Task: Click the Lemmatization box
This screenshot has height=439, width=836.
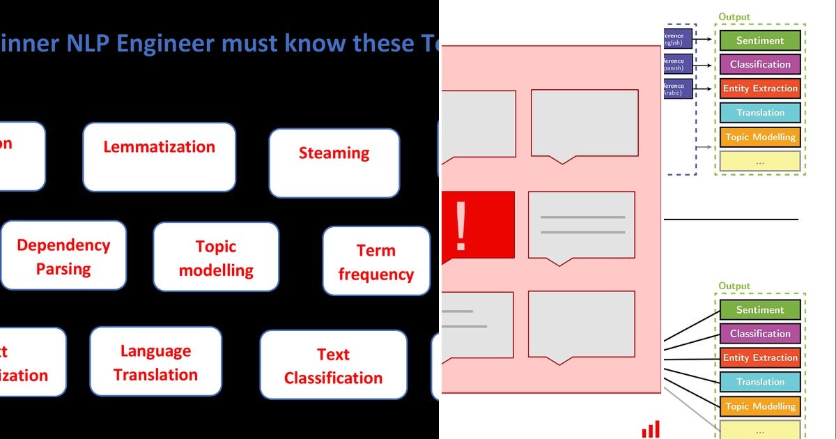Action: click(159, 157)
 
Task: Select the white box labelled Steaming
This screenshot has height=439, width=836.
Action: click(334, 162)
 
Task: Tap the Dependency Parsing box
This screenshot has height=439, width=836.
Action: click(63, 256)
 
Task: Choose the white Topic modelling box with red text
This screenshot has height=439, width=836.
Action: click(216, 257)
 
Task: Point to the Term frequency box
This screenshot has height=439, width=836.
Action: click(376, 261)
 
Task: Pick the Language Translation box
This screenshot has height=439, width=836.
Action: click(155, 362)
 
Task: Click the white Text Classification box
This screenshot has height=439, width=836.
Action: click(333, 365)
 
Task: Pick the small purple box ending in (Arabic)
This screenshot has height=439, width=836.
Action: click(678, 89)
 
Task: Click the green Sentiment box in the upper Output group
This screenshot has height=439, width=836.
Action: click(759, 40)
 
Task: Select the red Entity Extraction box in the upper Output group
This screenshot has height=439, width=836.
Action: click(759, 88)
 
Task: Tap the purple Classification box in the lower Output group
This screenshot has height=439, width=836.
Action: click(759, 334)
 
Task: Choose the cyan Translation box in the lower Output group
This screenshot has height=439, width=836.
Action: click(759, 382)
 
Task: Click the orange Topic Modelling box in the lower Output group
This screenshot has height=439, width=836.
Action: click(759, 406)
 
